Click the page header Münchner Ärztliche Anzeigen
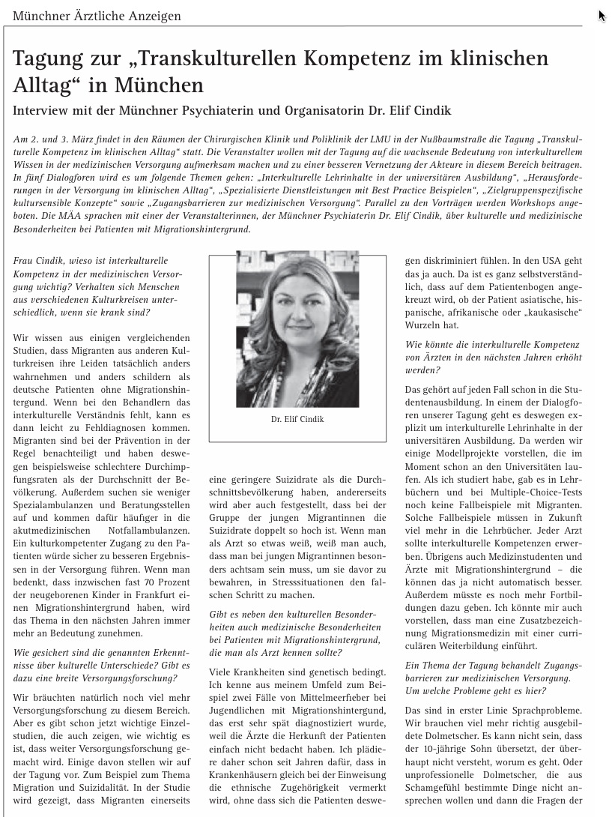point(97,16)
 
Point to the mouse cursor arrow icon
point(602,15)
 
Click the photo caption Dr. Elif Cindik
point(297,419)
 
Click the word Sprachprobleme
point(545,710)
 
